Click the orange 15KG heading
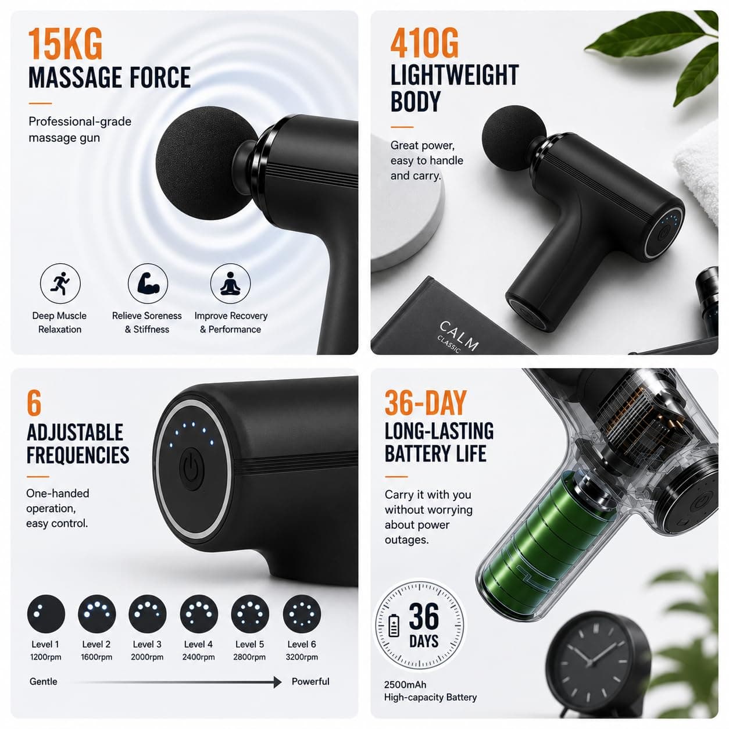[66, 44]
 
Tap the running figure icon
[60, 284]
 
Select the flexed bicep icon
[148, 284]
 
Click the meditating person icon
[230, 284]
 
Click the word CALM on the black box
[459, 335]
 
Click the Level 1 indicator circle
[46, 614]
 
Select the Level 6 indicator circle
[302, 614]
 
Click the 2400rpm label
[199, 657]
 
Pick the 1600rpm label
[97, 657]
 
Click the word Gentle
[44, 681]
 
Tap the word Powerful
[310, 681]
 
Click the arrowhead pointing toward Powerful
[278, 682]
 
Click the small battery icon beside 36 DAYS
[394, 626]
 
